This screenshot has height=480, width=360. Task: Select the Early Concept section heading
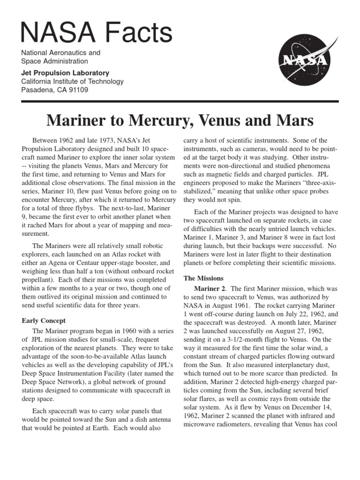pyautogui.click(x=44, y=321)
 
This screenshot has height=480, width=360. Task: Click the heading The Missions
pyautogui.click(x=203, y=278)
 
